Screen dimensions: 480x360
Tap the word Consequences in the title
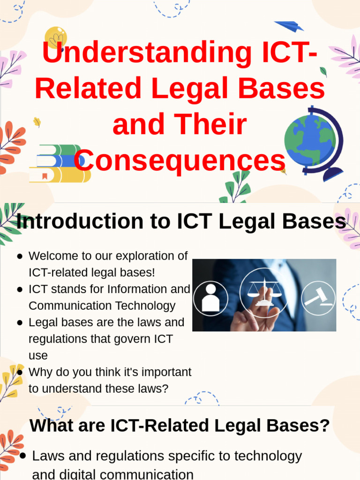(180, 161)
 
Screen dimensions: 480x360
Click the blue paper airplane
(289, 26)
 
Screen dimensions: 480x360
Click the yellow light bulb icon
(56, 37)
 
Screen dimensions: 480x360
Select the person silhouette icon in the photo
(210, 298)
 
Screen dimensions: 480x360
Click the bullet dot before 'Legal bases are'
(20, 323)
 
